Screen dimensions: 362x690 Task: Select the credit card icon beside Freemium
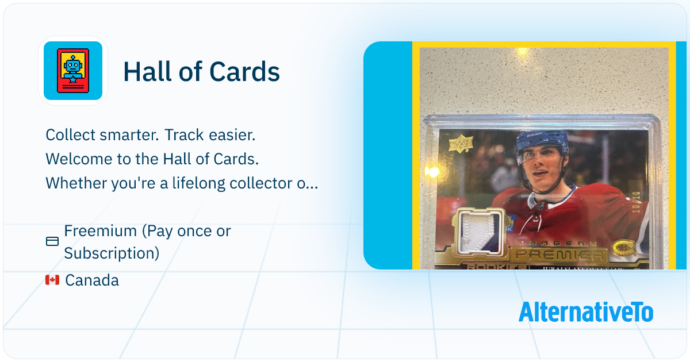[x=52, y=242]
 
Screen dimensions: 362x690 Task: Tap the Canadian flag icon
[x=52, y=280]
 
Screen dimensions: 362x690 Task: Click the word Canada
[x=92, y=280]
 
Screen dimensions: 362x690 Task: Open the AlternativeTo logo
[x=585, y=312]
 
